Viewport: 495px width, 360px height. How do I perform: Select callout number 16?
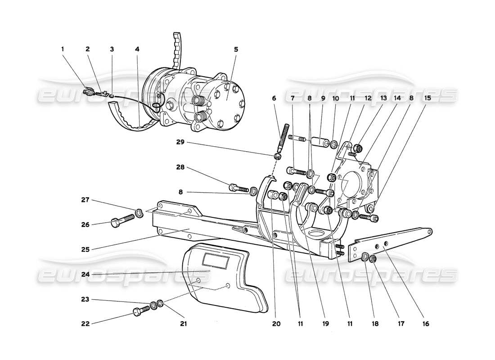coord(425,324)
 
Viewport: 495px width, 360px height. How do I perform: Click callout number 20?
coord(276,324)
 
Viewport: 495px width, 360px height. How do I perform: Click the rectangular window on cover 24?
coord(216,260)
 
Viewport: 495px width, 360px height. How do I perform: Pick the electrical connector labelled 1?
coord(89,93)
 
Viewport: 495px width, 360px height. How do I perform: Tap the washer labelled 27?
coord(139,212)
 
